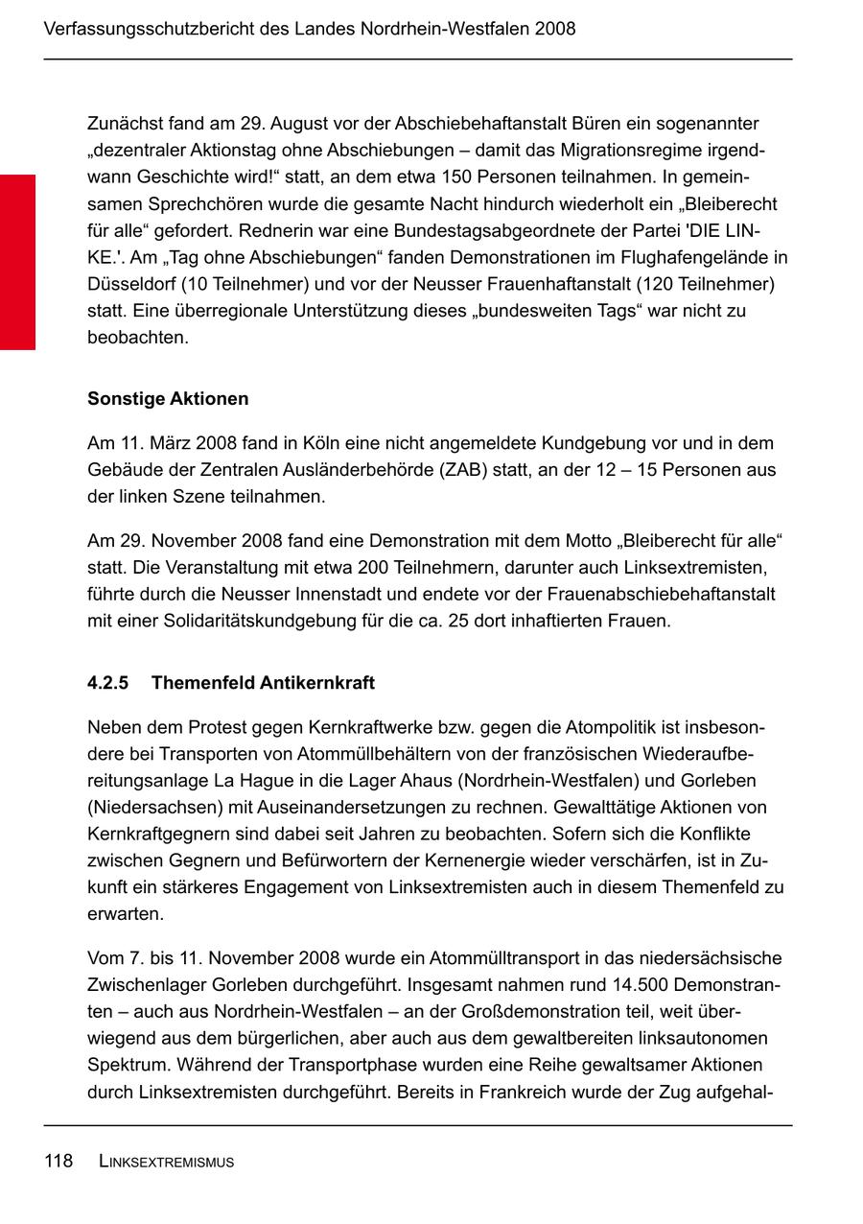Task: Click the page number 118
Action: click(58, 1162)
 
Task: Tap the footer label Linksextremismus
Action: click(167, 1163)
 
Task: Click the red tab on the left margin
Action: click(17, 262)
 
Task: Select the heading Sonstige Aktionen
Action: click(168, 399)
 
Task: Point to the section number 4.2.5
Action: click(107, 683)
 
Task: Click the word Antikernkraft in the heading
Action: click(316, 683)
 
